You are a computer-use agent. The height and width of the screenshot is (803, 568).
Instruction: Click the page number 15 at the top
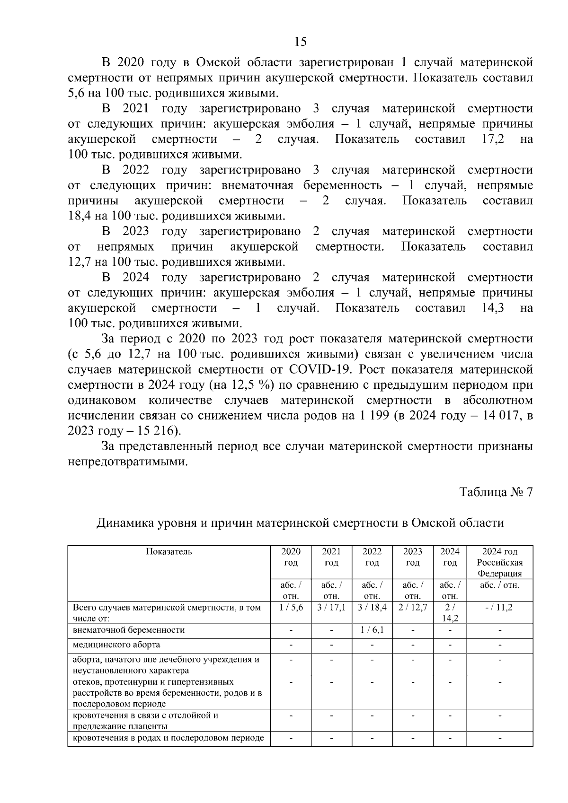300,42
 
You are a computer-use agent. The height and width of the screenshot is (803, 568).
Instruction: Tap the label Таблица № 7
497,492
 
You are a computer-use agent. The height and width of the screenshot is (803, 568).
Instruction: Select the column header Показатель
169,551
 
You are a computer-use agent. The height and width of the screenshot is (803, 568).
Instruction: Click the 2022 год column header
372,557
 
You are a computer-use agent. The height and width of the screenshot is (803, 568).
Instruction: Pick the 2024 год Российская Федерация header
499,562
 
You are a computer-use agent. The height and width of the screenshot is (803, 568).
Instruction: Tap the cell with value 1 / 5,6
291,607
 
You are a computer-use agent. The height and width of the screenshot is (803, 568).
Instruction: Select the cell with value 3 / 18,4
372,607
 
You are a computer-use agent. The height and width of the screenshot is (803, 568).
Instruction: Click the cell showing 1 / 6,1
372,630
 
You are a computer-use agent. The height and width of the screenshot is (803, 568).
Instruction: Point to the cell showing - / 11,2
499,607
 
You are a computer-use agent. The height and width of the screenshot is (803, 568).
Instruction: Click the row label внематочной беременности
129,630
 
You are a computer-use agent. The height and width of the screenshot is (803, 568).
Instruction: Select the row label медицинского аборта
116,645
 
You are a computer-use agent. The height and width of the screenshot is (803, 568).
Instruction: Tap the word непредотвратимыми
128,462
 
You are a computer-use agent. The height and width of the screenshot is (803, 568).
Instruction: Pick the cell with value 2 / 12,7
413,607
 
